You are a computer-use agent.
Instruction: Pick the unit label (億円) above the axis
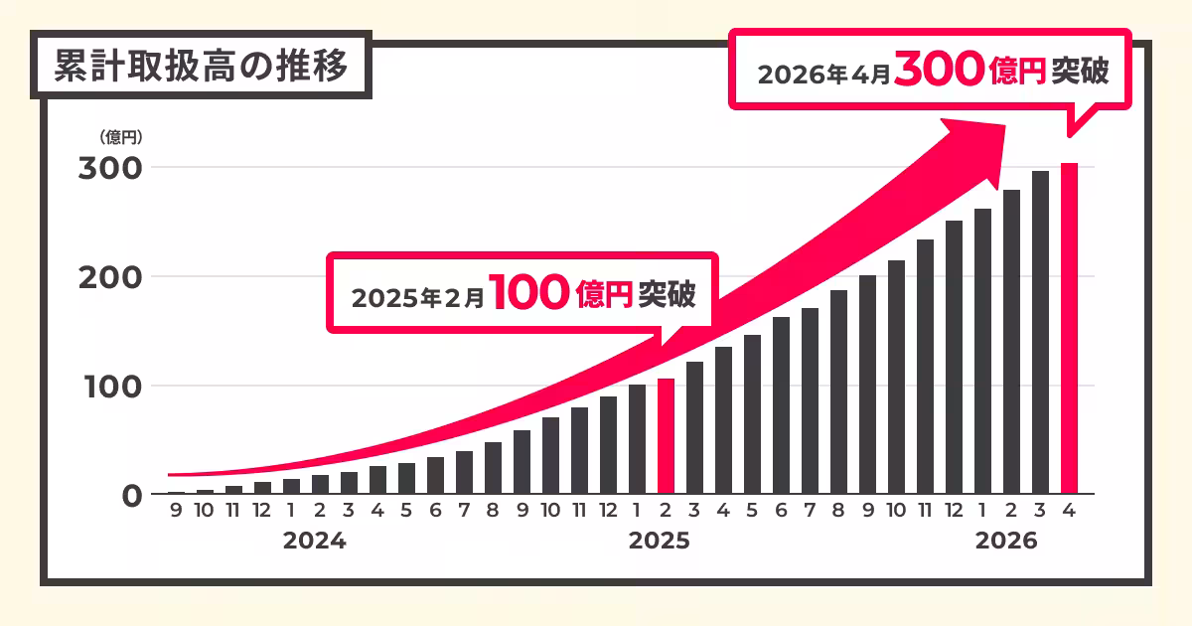click(120, 137)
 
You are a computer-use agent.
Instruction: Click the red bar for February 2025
click(666, 436)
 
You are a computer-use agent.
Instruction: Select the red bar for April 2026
click(1069, 328)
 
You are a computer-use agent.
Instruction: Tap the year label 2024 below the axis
click(314, 542)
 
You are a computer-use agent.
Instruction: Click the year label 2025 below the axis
click(660, 542)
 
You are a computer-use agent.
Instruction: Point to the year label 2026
click(1005, 542)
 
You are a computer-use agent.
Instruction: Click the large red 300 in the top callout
click(938, 72)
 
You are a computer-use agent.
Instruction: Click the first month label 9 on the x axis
click(176, 513)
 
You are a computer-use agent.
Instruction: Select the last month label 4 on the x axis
click(1069, 513)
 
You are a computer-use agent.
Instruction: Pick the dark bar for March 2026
click(1040, 332)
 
